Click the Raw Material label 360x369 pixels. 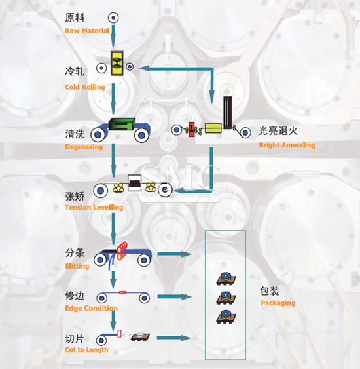[87, 31]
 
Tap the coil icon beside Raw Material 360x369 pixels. [113, 18]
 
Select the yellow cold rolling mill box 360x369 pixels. [117, 64]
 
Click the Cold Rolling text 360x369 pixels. [85, 87]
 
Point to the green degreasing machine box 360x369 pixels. [122, 124]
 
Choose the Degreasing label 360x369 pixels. [84, 147]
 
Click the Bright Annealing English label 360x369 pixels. [287, 145]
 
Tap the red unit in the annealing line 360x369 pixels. [192, 129]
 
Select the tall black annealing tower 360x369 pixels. [228, 113]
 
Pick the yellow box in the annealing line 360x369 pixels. [213, 128]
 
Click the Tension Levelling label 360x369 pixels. [94, 208]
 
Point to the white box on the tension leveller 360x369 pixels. [135, 183]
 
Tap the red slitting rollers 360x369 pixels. [122, 250]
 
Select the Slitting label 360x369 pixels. [77, 266]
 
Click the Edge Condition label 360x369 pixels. [91, 308]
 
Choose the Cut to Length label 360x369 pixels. [86, 350]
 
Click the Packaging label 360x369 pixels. [278, 303]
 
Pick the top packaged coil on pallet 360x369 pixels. [226, 279]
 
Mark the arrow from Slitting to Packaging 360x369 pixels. [174, 254]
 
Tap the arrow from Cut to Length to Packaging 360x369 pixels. [174, 338]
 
